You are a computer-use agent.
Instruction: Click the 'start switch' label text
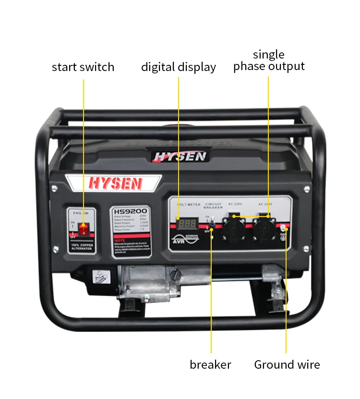click(83, 67)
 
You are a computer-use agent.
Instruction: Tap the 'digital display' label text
click(178, 67)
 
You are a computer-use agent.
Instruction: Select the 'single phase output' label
click(269, 60)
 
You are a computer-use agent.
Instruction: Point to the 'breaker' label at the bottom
click(210, 364)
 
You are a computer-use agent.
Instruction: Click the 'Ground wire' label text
click(287, 364)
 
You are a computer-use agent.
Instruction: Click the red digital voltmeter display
click(187, 223)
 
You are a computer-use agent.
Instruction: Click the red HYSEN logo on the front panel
click(115, 183)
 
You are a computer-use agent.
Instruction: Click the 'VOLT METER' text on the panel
click(188, 205)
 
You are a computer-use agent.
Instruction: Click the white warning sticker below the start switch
click(101, 277)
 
